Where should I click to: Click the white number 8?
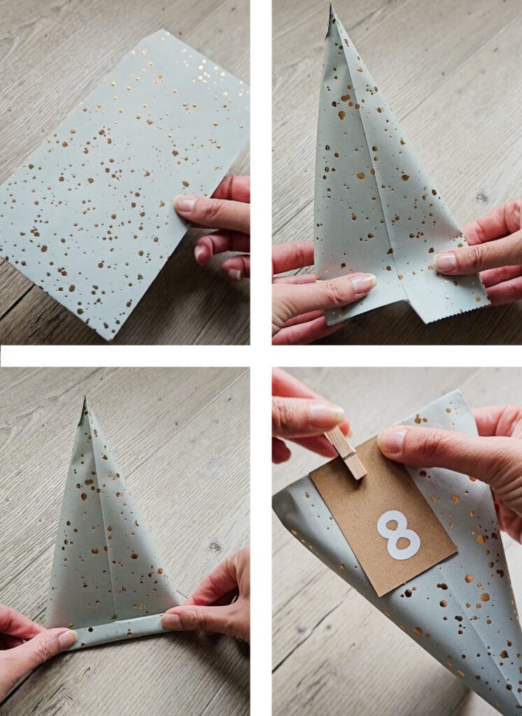point(398,535)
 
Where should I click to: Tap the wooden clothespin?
point(346,452)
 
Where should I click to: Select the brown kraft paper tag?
point(383,516)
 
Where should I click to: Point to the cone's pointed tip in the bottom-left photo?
point(85,399)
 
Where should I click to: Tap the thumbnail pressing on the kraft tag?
point(392,440)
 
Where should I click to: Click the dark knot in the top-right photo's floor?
point(481,197)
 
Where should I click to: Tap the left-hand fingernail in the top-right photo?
point(363,282)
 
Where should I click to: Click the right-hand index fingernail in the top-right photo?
point(445,262)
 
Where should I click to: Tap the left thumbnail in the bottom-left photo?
point(67,638)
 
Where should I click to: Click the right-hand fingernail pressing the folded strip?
point(172,621)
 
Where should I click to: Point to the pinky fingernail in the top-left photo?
point(234,274)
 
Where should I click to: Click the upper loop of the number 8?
point(393,523)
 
